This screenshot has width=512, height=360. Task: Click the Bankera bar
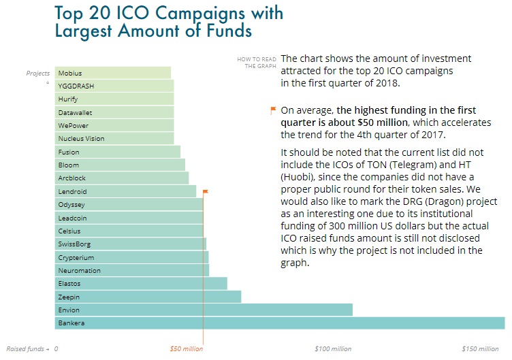279,323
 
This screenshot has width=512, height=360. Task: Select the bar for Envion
204,310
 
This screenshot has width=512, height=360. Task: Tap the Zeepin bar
148,297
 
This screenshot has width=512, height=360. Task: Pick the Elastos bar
141,284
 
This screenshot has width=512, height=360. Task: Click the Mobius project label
70,73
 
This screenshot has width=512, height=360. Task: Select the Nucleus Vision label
82,139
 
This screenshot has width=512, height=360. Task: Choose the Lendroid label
72,192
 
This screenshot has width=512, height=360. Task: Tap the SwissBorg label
74,244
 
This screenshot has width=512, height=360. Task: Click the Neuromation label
79,271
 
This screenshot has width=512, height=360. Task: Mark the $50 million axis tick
186,349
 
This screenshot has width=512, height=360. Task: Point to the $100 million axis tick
333,349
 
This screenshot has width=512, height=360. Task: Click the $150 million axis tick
479,349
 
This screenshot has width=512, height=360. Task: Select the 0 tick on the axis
56,349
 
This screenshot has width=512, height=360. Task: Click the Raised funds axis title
27,349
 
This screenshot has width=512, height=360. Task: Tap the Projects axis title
38,73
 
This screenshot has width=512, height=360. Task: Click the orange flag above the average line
206,192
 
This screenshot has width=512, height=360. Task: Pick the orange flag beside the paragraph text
273,110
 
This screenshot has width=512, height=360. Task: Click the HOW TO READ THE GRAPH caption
255,63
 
